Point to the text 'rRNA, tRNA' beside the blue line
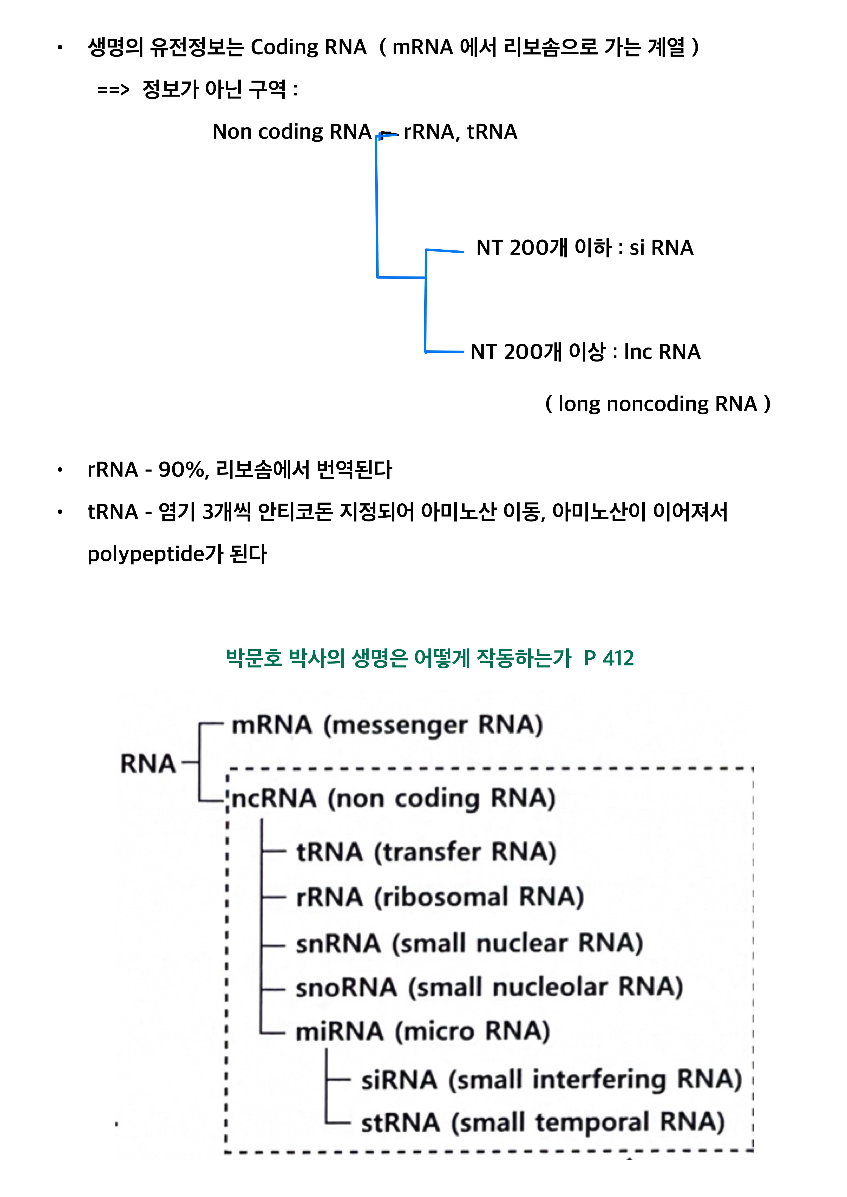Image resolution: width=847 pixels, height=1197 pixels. tap(460, 132)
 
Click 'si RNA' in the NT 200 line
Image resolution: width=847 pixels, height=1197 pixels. tap(661, 248)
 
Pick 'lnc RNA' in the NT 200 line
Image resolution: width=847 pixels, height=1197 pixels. tap(662, 352)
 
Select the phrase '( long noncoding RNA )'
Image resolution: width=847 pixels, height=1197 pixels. tap(657, 404)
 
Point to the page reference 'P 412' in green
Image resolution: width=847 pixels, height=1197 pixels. tap(609, 659)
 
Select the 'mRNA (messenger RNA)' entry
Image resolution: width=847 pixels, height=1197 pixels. tap(387, 725)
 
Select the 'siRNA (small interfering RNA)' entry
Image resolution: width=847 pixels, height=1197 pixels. tap(551, 1080)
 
